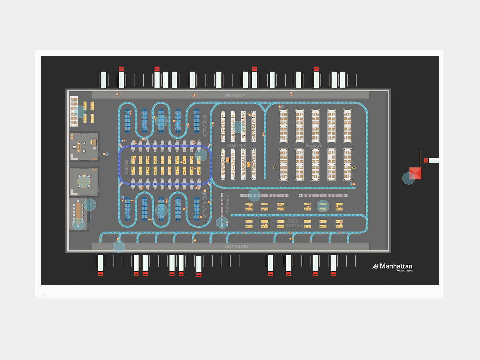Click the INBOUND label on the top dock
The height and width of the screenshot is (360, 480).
[234, 95]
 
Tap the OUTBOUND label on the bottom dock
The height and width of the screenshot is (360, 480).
[236, 246]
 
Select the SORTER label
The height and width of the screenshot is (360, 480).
[127, 167]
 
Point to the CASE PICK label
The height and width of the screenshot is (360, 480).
[236, 146]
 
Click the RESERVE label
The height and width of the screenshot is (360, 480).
[314, 146]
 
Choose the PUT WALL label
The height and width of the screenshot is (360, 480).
[227, 204]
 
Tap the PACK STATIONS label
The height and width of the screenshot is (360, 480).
[293, 224]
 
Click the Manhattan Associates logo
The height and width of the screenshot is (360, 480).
[393, 267]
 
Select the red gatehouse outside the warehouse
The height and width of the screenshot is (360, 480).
[416, 173]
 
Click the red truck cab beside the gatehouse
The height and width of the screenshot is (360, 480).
[426, 160]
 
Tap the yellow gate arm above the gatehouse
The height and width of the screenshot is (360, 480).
[420, 158]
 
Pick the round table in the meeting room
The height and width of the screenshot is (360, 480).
[84, 181]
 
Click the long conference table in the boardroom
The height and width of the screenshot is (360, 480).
[78, 211]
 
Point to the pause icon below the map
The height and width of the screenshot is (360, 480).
[44, 295]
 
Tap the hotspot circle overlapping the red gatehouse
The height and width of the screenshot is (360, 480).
[408, 178]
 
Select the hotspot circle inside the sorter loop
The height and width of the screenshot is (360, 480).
[201, 155]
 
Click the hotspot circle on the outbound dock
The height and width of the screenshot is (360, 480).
[119, 246]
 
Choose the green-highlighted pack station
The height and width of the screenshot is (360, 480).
[323, 206]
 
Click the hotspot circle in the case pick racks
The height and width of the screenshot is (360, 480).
[238, 127]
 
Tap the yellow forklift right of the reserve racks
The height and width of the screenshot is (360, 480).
[354, 167]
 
